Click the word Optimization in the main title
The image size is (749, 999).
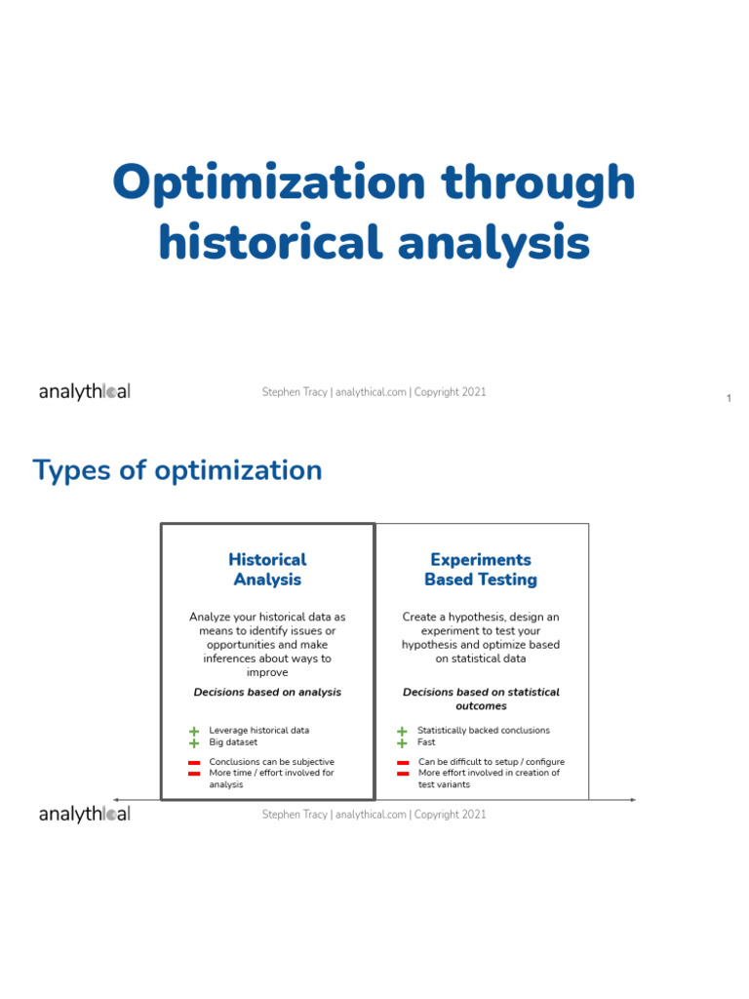tap(269, 183)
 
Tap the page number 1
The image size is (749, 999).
tap(729, 398)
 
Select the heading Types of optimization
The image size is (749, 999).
tap(177, 470)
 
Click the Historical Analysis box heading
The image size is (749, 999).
tap(267, 570)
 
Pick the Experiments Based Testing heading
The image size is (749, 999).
tap(480, 570)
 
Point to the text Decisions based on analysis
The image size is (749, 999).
tap(267, 692)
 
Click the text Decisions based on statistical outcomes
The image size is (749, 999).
tap(481, 699)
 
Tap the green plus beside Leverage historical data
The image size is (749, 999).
tap(194, 731)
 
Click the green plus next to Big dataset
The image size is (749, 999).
tap(194, 743)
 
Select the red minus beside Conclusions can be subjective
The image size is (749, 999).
tap(194, 762)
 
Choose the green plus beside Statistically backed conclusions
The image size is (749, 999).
tap(402, 731)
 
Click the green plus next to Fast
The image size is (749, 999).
tap(402, 743)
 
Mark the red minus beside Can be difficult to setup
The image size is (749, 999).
tap(403, 762)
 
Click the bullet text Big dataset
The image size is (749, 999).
tap(233, 742)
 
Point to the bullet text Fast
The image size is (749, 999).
tap(426, 742)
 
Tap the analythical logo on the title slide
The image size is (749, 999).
tap(84, 392)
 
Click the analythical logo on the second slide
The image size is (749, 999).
tap(84, 814)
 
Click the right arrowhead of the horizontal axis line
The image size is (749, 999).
tap(634, 800)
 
